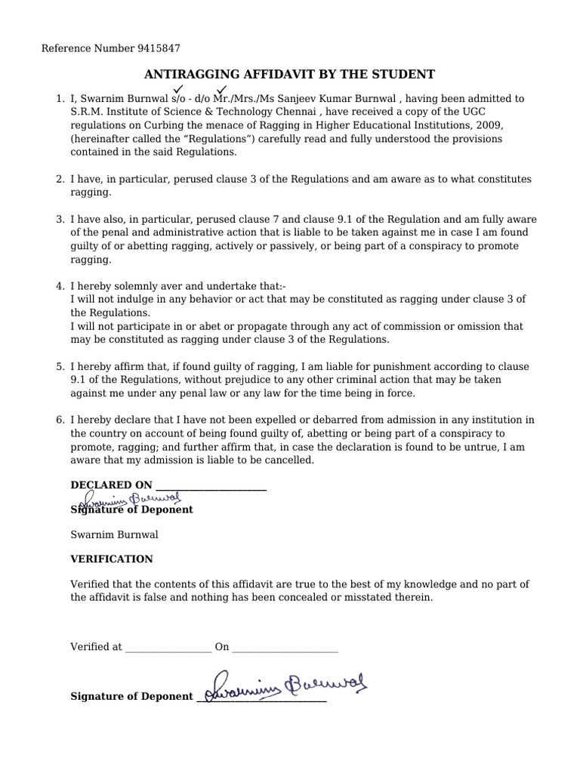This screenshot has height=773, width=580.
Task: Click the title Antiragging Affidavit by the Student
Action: [289, 74]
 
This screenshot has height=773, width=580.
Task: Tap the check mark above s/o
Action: [179, 89]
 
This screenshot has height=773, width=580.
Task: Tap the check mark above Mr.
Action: [222, 89]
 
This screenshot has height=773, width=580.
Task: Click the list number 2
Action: [60, 179]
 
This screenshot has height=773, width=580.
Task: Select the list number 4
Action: [60, 285]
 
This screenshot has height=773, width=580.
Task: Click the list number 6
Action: [60, 420]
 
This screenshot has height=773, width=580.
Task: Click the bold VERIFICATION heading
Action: [111, 559]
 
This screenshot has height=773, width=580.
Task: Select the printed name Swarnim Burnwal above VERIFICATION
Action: [114, 534]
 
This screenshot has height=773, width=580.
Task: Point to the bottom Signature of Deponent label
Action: [131, 697]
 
